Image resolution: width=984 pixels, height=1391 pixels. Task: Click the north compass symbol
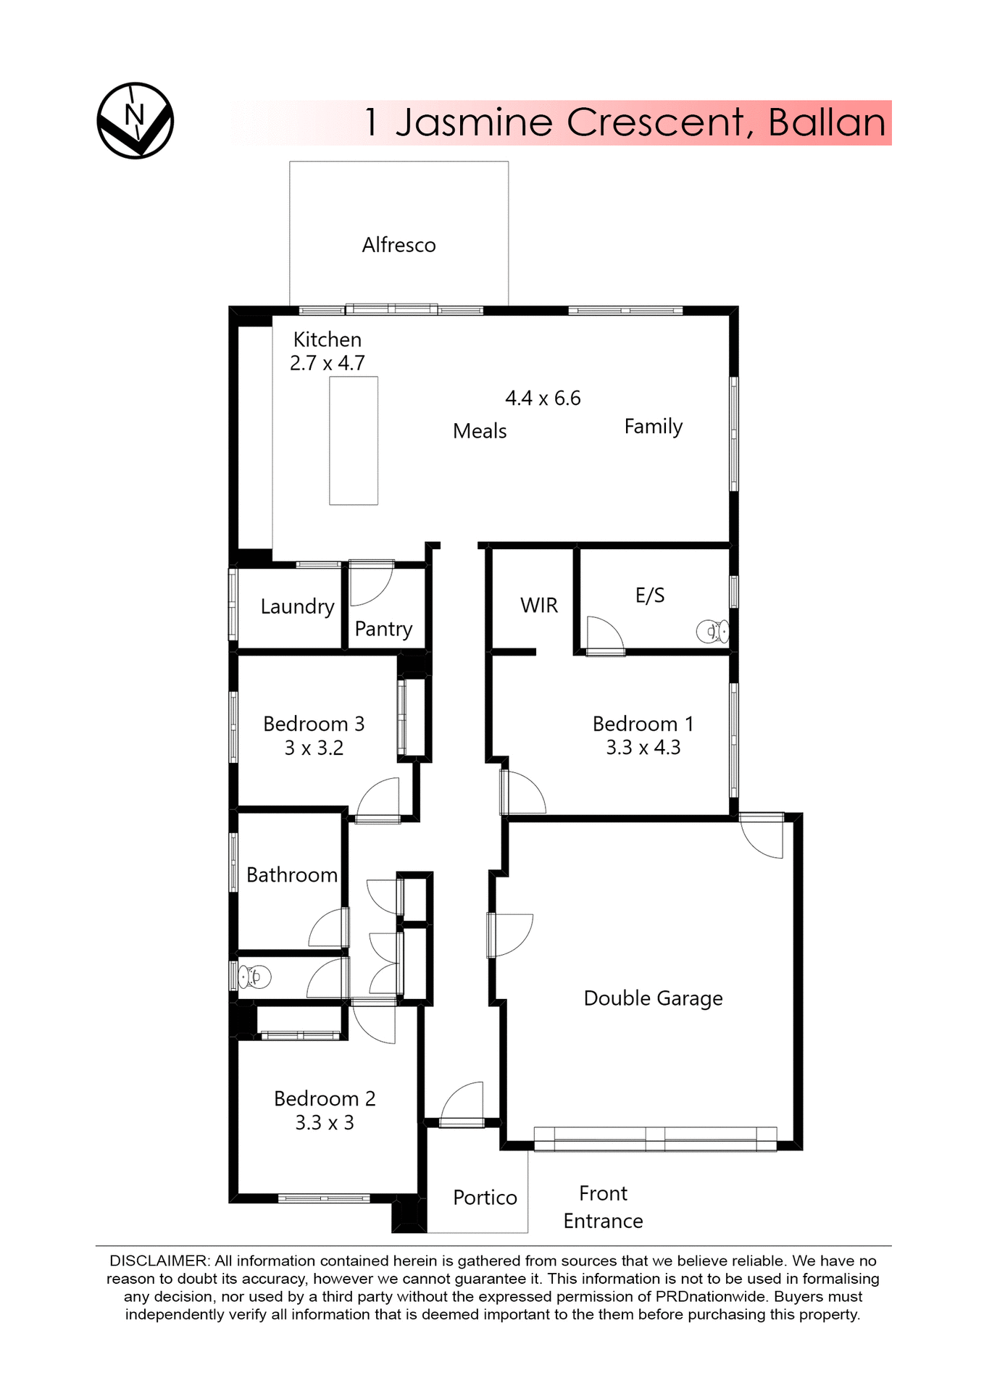(135, 120)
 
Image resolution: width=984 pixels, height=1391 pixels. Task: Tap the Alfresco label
(399, 245)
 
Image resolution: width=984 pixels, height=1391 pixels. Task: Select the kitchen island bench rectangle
(354, 440)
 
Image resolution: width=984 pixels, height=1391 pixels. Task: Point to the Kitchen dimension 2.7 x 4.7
(328, 363)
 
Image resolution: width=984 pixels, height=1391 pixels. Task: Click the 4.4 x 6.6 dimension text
(543, 398)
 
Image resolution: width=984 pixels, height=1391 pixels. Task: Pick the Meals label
(480, 431)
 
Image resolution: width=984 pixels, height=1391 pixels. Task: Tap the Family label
(653, 426)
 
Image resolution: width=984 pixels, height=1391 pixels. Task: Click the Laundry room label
(297, 606)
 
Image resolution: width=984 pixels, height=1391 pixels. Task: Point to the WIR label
(539, 605)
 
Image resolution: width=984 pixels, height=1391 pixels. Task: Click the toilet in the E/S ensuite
(712, 632)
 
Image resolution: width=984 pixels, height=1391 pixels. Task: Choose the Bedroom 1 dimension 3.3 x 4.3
(643, 748)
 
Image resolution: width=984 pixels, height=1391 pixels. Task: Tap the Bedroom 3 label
(314, 724)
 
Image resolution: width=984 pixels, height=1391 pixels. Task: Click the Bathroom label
(292, 875)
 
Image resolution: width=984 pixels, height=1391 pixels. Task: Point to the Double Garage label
(653, 998)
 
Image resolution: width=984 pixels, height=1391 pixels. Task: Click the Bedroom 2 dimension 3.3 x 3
(325, 1123)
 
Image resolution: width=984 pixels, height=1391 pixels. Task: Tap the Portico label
(485, 1198)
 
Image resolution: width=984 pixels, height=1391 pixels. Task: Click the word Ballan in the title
(827, 122)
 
